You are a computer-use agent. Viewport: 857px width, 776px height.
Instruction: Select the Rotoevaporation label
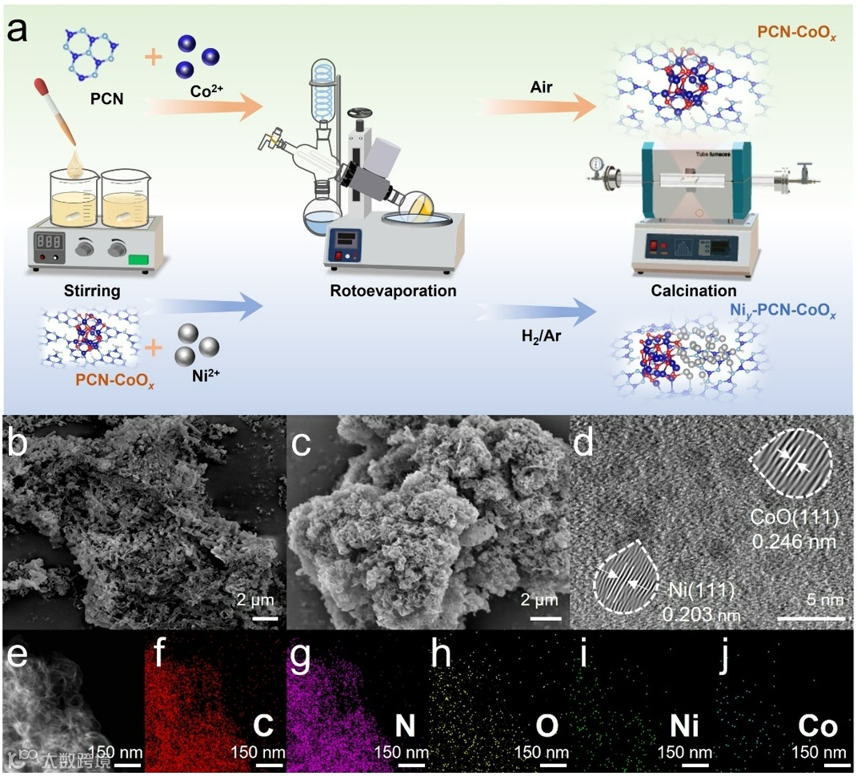tap(393, 291)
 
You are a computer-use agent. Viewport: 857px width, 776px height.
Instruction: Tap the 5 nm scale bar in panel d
tap(811, 617)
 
